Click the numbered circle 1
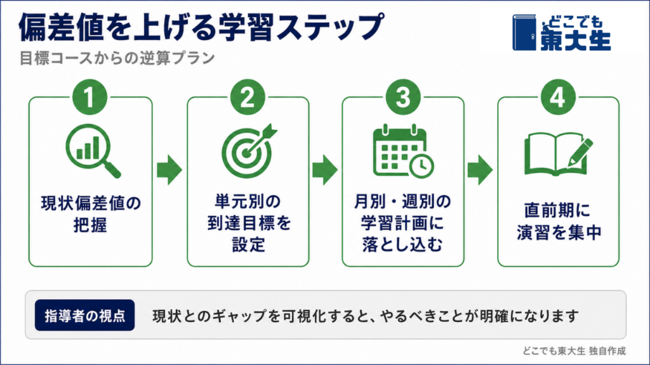point(90,97)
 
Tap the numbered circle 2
point(248,97)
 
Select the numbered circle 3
point(403,97)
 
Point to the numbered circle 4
point(558,97)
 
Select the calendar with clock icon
point(403,151)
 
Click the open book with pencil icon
point(558,154)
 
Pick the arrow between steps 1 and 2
point(169,170)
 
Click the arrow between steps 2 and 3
point(325,170)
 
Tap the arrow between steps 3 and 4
point(480,170)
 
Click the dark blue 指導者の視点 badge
point(84,316)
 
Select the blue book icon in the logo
point(524,33)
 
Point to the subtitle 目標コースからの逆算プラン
point(117,58)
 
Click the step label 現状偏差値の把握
point(91,214)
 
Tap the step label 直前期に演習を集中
point(558,221)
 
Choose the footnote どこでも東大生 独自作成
point(574,351)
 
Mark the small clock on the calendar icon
point(422,166)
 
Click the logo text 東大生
point(575,41)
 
